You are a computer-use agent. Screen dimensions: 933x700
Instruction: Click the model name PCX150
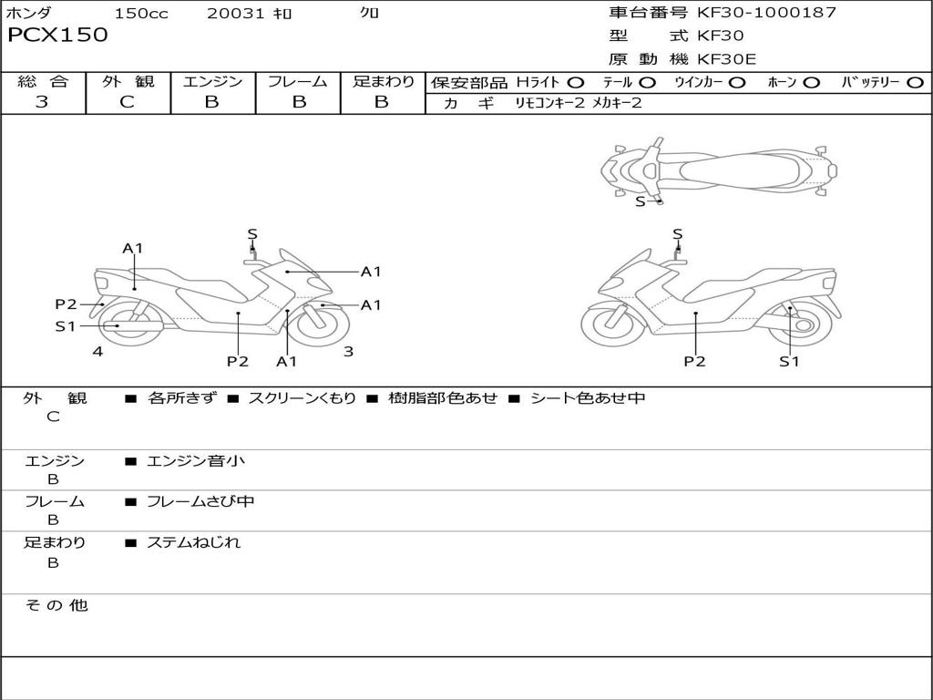(57, 36)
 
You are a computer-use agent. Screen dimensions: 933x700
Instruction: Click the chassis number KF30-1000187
(766, 13)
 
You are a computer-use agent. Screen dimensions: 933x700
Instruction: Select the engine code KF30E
(726, 60)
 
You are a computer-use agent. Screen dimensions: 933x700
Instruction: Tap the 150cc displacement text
(141, 14)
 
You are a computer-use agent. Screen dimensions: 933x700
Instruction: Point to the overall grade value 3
(42, 102)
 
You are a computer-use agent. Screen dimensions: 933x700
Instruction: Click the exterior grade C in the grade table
(128, 102)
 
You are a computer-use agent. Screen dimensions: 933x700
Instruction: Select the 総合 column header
(43, 82)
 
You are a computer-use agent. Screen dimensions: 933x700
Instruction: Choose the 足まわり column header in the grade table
(383, 82)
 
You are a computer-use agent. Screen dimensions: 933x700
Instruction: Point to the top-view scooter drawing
(720, 170)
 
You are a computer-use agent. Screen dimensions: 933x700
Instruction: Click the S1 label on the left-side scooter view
(65, 326)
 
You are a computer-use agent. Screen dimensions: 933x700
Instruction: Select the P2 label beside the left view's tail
(66, 304)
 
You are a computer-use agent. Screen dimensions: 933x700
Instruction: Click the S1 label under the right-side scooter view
(788, 362)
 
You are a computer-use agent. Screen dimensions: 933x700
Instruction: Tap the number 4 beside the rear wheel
(97, 351)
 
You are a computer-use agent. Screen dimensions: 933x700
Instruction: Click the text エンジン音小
(196, 461)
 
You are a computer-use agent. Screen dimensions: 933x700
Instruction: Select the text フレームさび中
(200, 501)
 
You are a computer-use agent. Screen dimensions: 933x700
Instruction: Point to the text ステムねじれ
(194, 542)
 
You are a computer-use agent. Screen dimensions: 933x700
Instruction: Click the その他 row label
(56, 605)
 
